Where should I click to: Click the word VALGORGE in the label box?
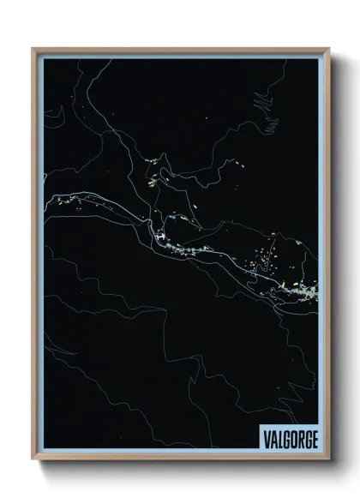click(286, 438)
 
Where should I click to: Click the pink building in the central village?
click(159, 237)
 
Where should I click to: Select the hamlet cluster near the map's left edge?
click(73, 202)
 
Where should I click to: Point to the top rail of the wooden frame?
click(180, 50)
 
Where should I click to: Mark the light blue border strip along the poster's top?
click(180, 55)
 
